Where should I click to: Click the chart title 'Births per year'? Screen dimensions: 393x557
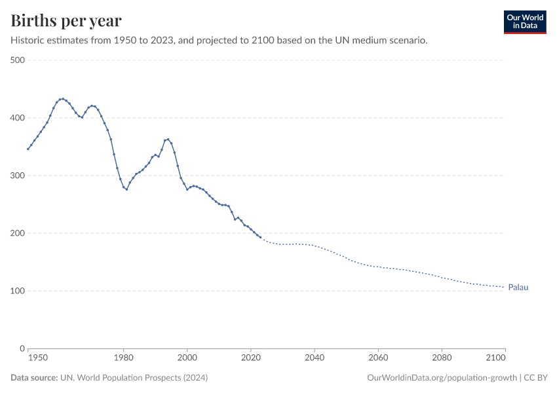point(66,21)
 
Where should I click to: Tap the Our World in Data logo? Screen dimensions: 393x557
point(524,22)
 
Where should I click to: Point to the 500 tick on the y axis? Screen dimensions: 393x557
point(18,60)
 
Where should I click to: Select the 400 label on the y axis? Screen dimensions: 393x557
point(18,118)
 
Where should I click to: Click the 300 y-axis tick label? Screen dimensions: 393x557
point(18,176)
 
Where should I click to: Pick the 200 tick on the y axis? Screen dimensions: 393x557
point(18,233)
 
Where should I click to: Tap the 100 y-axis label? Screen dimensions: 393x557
point(18,291)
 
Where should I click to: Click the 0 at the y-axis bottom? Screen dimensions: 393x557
point(22,348)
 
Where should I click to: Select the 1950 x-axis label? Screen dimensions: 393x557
point(38,359)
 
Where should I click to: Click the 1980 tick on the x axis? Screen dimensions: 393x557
point(124,359)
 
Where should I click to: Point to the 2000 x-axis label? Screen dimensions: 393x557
point(187,359)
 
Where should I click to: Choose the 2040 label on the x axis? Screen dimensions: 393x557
point(315,359)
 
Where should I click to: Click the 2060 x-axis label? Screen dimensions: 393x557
point(378,359)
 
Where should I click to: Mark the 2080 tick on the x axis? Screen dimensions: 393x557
point(442,359)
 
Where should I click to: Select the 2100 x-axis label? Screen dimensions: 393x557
point(496,359)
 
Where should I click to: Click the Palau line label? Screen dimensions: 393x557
point(518,287)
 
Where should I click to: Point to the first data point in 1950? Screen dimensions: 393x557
point(28,149)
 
